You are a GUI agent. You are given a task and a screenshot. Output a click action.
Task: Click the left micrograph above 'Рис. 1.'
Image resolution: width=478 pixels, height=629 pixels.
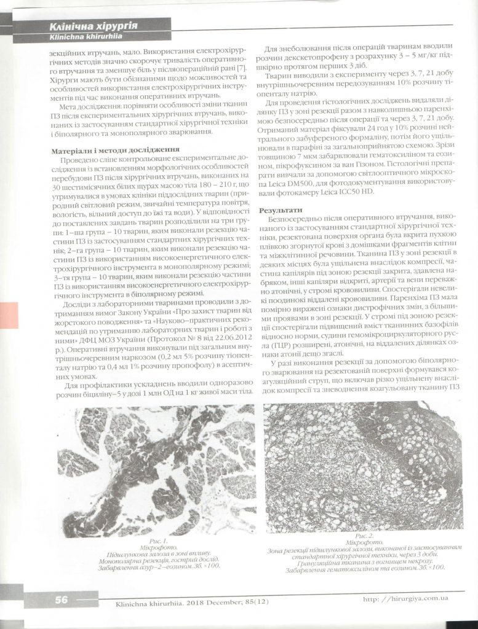148,470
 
